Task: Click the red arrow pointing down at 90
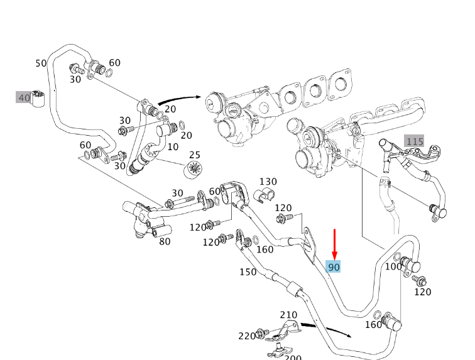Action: click(x=335, y=243)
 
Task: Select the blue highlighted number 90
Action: click(x=334, y=267)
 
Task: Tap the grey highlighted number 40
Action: click(x=24, y=97)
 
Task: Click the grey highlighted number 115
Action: click(x=414, y=141)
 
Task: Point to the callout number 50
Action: click(x=41, y=63)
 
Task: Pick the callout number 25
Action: click(x=194, y=155)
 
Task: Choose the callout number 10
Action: click(x=173, y=146)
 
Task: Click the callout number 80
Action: click(x=165, y=241)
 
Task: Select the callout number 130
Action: click(x=268, y=182)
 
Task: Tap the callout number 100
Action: click(x=393, y=266)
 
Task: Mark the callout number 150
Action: click(x=248, y=272)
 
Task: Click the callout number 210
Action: click(x=288, y=315)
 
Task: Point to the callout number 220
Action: click(x=247, y=336)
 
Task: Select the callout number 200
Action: click(x=293, y=356)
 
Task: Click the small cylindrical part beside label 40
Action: click(x=40, y=99)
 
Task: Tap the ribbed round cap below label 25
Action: click(x=194, y=170)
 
